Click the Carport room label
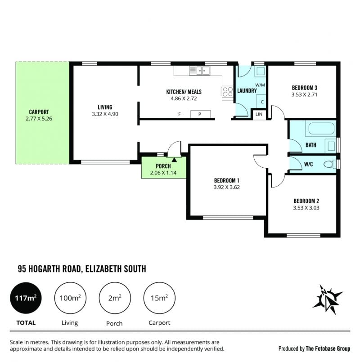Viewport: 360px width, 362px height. pyautogui.click(x=39, y=112)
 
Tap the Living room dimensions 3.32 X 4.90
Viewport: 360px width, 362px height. pyautogui.click(x=105, y=114)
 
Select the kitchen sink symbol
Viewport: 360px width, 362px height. pyautogui.click(x=200, y=71)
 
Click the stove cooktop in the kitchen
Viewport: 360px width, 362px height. pyautogui.click(x=227, y=91)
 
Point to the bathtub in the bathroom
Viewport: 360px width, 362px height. pyautogui.click(x=321, y=129)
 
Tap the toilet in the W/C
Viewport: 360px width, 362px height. pyautogui.click(x=329, y=164)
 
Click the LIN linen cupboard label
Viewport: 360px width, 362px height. pyautogui.click(x=259, y=114)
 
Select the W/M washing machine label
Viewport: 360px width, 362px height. pyautogui.click(x=260, y=85)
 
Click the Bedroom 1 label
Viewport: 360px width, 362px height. pyautogui.click(x=226, y=180)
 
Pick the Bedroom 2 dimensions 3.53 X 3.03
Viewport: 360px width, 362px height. pyautogui.click(x=306, y=208)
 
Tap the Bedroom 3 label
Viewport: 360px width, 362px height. pyautogui.click(x=304, y=88)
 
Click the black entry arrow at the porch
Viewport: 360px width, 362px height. pyautogui.click(x=174, y=160)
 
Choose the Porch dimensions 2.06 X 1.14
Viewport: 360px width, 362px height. pyautogui.click(x=163, y=173)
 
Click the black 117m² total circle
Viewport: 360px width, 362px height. pyautogui.click(x=26, y=298)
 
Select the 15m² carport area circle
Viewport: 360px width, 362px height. pyautogui.click(x=159, y=298)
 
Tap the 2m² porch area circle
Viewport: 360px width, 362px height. pyautogui.click(x=115, y=298)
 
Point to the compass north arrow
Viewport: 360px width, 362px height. pyautogui.click(x=328, y=299)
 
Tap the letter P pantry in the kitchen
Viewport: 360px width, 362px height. pyautogui.click(x=200, y=114)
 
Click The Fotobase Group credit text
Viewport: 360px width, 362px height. pyautogui.click(x=328, y=349)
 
